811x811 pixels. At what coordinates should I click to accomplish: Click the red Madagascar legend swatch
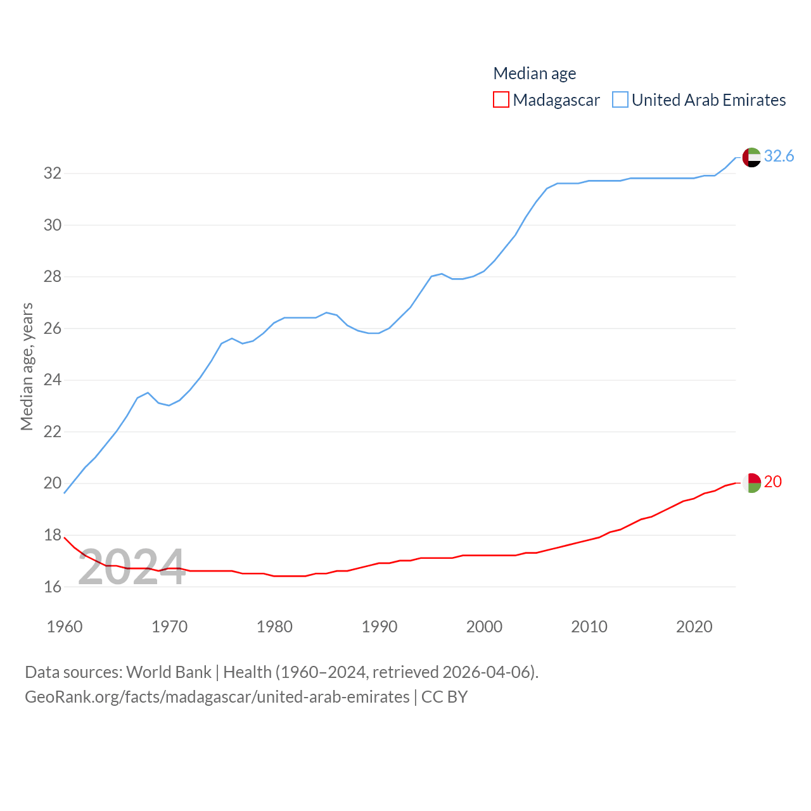[501, 100]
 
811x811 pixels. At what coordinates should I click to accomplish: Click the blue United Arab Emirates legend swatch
[620, 100]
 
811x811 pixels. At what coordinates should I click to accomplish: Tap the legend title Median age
[535, 73]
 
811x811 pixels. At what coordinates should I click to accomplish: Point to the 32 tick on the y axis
[53, 173]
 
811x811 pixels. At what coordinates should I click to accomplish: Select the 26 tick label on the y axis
[53, 328]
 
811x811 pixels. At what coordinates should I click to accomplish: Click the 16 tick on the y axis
[53, 587]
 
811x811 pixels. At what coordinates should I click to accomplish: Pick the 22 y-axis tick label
[53, 431]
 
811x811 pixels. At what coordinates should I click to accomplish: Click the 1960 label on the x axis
[65, 627]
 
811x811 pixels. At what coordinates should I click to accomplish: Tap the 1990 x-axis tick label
[380, 627]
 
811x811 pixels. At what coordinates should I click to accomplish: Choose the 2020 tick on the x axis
[694, 627]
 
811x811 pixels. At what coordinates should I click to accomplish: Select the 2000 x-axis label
[484, 627]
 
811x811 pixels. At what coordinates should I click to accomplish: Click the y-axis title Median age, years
[27, 367]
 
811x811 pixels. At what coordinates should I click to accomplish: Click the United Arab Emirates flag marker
[751, 157]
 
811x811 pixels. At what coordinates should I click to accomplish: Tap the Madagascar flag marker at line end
[751, 483]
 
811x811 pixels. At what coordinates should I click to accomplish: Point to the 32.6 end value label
[779, 156]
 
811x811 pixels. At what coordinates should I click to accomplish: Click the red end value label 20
[773, 482]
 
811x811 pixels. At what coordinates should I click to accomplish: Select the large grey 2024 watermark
[132, 567]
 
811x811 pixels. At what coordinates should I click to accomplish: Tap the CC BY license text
[444, 697]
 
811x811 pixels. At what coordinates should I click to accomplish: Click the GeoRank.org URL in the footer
[217, 697]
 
